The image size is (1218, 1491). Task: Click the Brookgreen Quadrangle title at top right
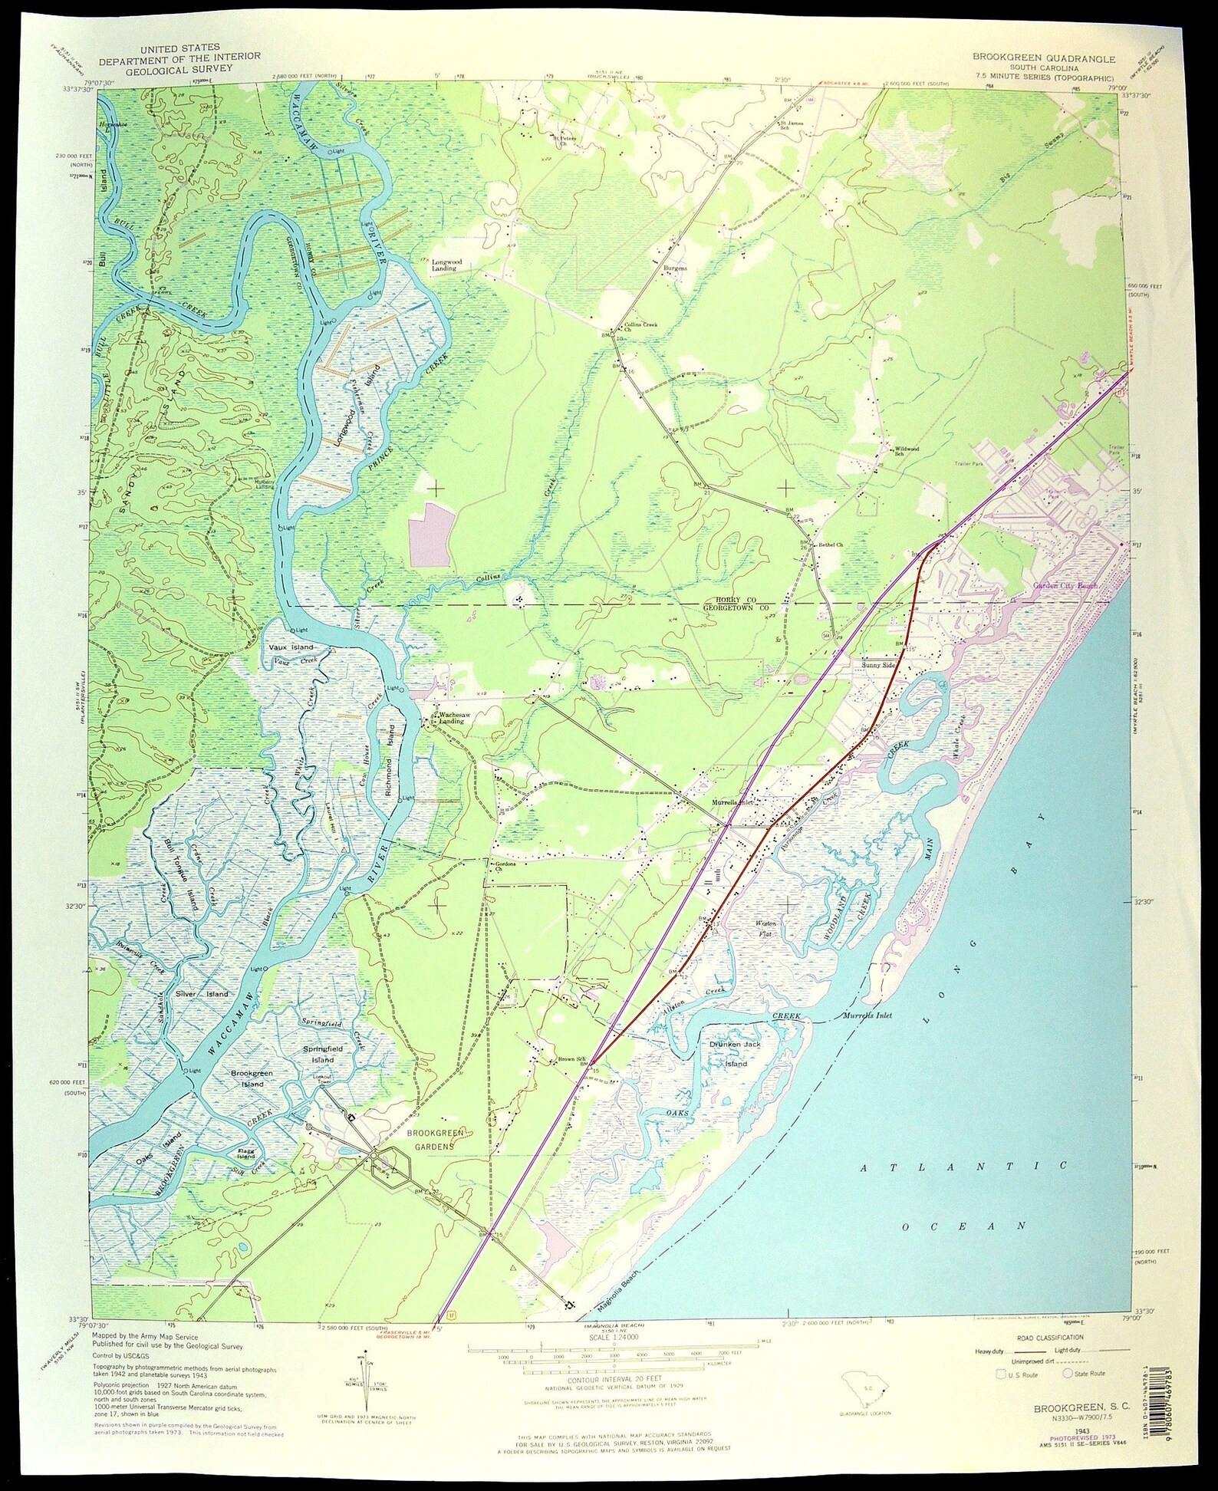(1045, 58)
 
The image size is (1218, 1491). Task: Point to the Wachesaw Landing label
(453, 719)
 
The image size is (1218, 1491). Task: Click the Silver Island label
(202, 994)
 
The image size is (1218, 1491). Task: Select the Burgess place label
(676, 268)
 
